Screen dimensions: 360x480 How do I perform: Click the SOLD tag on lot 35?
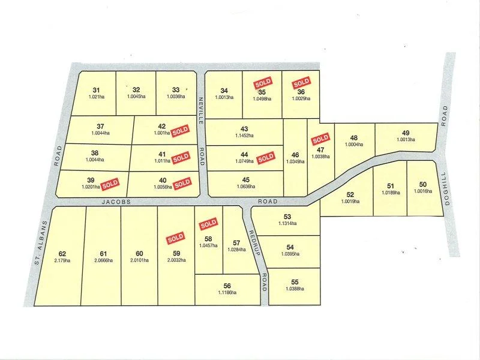point(262,83)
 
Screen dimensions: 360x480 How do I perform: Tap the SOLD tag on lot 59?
point(175,238)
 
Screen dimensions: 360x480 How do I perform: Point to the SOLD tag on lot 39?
point(110,183)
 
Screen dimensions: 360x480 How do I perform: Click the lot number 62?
point(62,253)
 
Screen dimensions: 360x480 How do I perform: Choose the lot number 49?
point(406,133)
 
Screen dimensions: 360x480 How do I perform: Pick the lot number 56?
point(227,286)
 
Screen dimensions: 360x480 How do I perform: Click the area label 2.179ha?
point(62,260)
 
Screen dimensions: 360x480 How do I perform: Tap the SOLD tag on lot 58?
point(208,224)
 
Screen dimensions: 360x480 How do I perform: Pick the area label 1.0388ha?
point(293,289)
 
